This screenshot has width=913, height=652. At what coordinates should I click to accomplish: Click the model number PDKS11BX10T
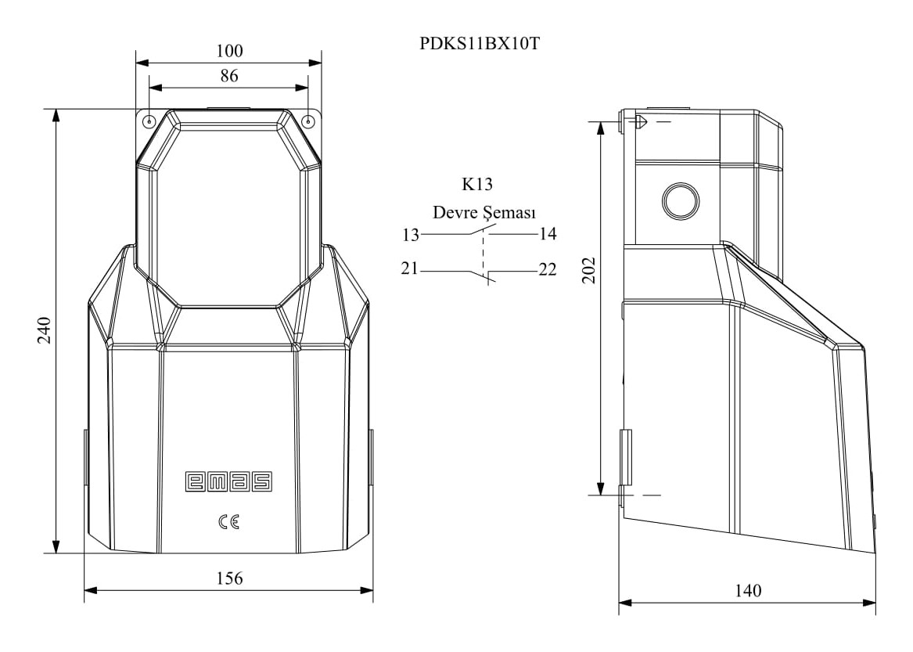(480, 44)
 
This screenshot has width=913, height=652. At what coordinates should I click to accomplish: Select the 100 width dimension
(229, 52)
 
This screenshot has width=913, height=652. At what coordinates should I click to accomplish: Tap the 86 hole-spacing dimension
(228, 76)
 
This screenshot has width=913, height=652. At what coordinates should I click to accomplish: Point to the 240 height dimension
(45, 330)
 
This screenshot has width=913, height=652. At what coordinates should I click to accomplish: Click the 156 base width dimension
(229, 578)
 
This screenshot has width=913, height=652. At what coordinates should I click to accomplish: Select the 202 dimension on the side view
(589, 270)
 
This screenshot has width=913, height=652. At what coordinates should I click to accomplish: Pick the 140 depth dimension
(748, 591)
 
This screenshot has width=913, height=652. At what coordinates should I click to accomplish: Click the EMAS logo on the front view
(228, 481)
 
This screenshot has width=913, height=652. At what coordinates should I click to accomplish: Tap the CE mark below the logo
(228, 521)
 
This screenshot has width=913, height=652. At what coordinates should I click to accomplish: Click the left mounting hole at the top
(149, 121)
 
